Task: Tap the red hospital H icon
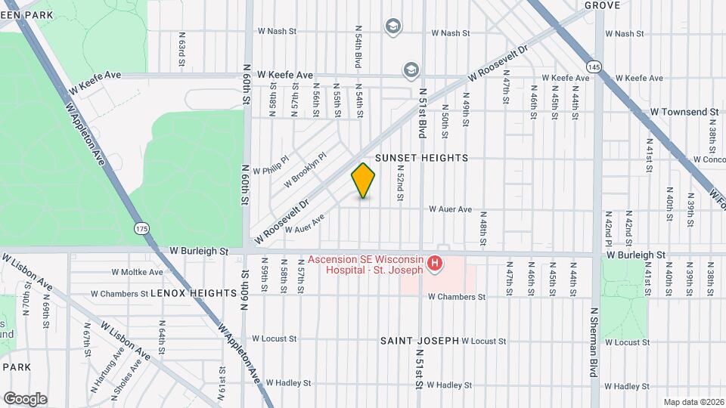[x=435, y=264]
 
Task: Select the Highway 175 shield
[x=141, y=228]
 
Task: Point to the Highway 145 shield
[x=597, y=66]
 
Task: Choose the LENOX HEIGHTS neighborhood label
[x=194, y=292]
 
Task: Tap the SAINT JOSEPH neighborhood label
[x=420, y=341]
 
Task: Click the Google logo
[x=25, y=398]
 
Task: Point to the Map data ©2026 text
[x=693, y=402]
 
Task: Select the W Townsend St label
[x=684, y=112]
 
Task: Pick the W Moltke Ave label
[x=137, y=272]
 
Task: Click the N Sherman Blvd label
[x=594, y=344]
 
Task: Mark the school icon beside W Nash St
[x=392, y=27]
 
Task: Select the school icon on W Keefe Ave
[x=411, y=70]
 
